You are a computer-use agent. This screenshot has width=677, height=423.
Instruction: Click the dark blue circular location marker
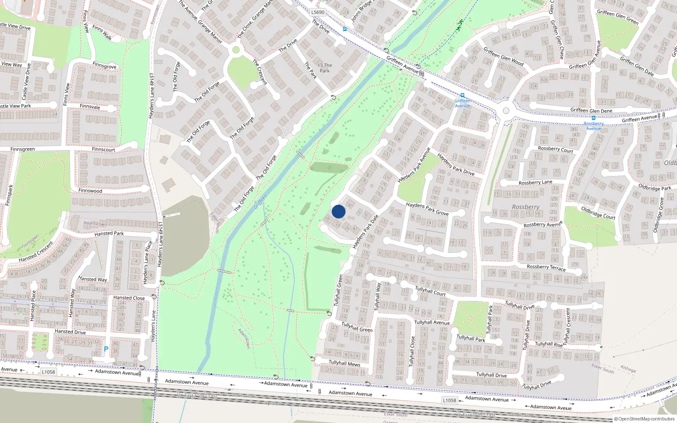(338, 211)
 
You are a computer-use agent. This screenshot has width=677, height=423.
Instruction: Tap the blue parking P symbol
(106, 349)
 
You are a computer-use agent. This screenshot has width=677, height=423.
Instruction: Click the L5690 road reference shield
(318, 12)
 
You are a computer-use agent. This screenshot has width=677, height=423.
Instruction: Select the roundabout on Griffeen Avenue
(506, 111)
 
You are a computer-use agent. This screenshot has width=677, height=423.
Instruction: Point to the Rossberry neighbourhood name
(526, 207)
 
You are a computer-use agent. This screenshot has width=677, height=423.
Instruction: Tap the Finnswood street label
(90, 191)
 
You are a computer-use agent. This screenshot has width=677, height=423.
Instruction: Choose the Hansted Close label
(129, 298)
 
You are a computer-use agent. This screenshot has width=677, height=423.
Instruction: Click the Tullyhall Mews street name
(344, 363)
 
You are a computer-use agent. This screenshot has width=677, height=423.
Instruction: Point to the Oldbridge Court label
(598, 212)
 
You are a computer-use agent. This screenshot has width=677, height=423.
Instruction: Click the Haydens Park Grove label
(427, 208)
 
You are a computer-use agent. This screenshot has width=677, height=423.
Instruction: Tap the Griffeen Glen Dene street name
(591, 110)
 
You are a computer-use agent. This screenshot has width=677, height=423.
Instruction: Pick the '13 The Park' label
(325, 68)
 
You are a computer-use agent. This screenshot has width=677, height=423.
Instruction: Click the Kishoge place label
(628, 369)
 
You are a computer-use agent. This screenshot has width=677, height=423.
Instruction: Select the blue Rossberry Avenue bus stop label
(593, 126)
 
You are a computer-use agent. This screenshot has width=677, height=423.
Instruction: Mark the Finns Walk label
(102, 33)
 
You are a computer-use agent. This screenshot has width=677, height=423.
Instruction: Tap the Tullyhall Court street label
(430, 291)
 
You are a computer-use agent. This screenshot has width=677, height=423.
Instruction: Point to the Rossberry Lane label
(535, 183)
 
